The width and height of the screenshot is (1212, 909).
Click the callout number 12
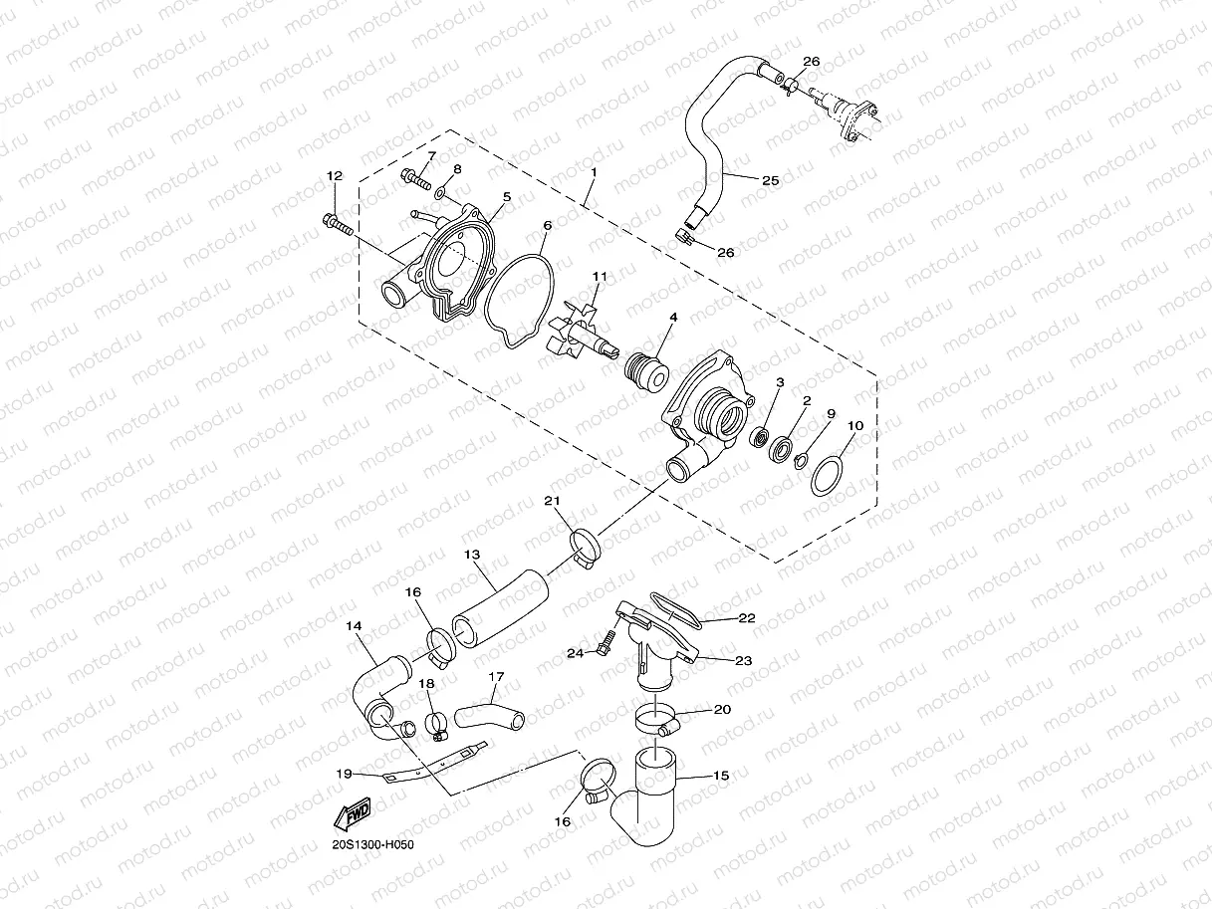(334, 176)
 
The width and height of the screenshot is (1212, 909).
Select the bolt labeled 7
(414, 180)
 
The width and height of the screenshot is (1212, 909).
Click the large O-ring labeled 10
(828, 475)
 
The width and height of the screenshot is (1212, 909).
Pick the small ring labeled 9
(801, 459)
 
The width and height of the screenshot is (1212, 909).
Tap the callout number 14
(354, 626)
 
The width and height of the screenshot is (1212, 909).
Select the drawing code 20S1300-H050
(372, 845)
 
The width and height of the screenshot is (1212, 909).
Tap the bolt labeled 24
(604, 648)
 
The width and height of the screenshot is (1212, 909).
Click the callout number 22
(746, 618)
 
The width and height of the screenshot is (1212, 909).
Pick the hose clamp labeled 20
(657, 719)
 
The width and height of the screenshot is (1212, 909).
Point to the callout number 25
(770, 180)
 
